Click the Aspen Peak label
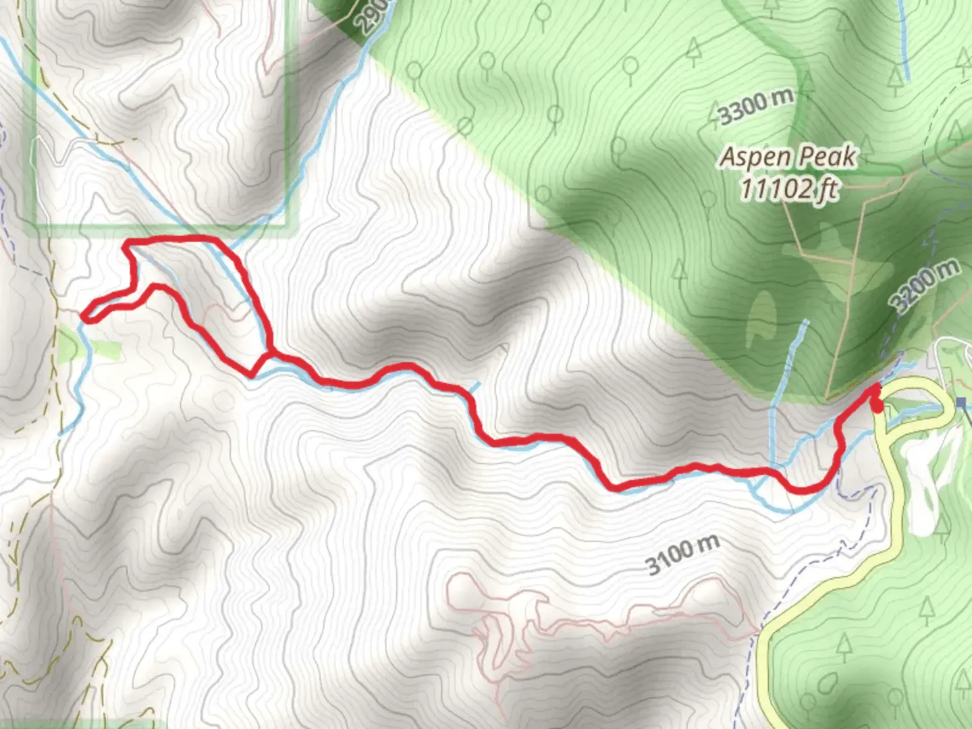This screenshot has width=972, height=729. coord(788,157)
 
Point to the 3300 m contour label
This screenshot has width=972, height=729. coord(755,107)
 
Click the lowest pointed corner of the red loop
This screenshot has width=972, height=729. coord(252,375)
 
